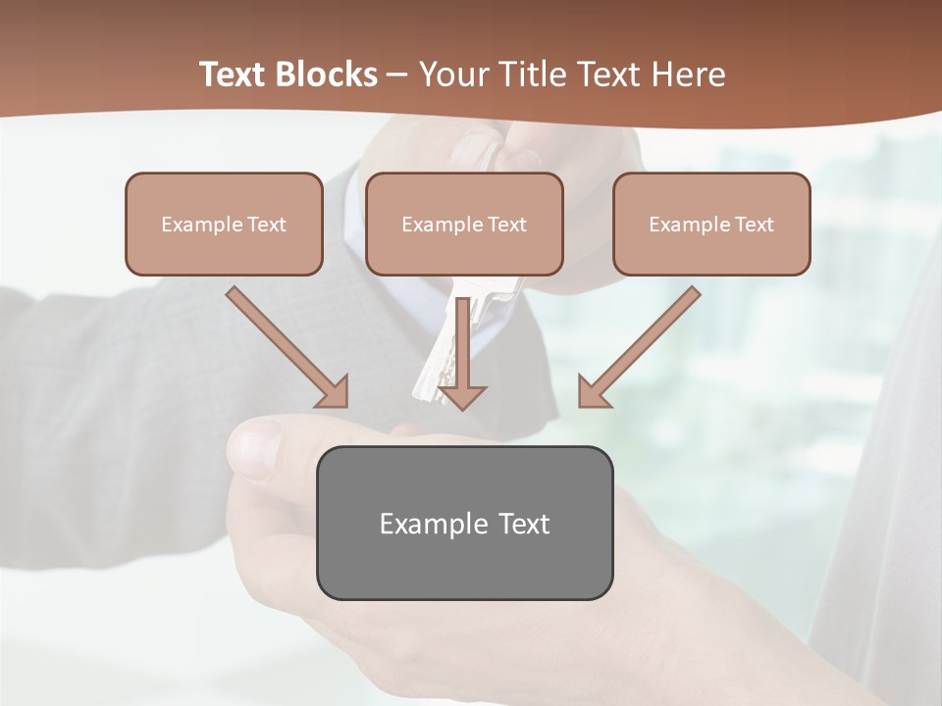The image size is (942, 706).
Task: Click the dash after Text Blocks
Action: click(397, 76)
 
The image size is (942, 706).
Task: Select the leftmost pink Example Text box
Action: click(224, 224)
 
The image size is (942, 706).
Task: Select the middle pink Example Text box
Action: click(464, 224)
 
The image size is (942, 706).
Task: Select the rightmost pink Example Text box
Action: click(711, 224)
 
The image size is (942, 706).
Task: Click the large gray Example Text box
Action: click(464, 523)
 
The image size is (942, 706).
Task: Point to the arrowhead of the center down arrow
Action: click(462, 396)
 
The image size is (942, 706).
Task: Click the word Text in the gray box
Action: click(524, 524)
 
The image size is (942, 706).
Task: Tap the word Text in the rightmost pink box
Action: click(754, 225)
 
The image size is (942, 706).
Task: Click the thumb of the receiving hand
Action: click(257, 446)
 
